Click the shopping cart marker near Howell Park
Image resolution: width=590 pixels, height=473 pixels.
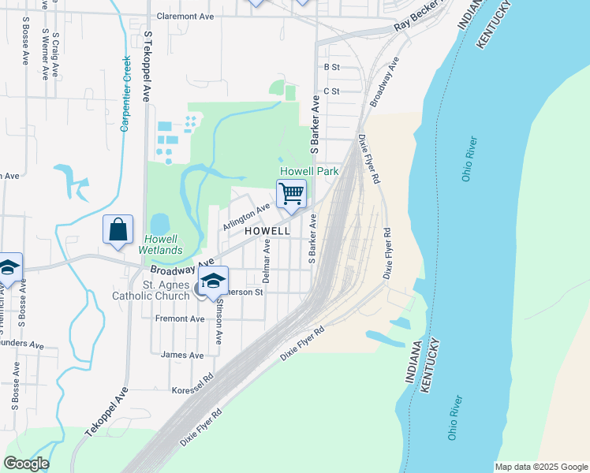(291, 193)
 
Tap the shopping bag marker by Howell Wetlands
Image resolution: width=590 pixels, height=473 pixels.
(118, 230)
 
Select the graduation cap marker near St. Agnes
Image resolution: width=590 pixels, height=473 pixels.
(213, 281)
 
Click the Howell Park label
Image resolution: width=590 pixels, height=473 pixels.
(309, 171)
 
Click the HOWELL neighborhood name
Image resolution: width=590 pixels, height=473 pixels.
(267, 231)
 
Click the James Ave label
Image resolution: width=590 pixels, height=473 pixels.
(181, 356)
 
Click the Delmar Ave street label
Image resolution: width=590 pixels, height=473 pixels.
(267, 263)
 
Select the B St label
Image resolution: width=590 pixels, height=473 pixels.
(330, 68)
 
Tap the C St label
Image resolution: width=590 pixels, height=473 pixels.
(330, 91)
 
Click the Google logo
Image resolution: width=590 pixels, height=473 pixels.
(26, 464)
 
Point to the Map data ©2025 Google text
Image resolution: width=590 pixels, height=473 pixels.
(540, 467)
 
